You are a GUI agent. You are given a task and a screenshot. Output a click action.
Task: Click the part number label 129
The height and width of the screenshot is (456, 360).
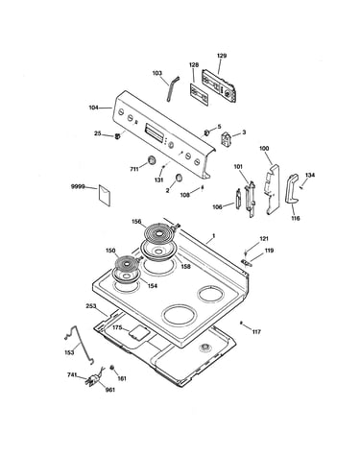[x=222, y=56]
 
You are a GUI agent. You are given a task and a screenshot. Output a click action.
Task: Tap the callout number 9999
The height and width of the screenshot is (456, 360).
[x=78, y=186]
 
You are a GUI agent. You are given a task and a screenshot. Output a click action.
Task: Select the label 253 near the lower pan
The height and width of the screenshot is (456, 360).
[x=91, y=306]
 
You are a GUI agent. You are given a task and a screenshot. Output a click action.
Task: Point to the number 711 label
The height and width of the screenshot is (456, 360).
[x=134, y=169]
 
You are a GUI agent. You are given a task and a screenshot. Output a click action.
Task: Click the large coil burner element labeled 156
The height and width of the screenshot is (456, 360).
[x=158, y=234]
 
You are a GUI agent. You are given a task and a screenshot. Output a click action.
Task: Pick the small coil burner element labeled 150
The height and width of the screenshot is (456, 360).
[x=128, y=264]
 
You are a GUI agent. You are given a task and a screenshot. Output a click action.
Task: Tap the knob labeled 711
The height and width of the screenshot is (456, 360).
[x=152, y=159]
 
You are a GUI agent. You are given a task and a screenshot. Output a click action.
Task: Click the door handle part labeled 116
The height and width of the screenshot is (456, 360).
[x=291, y=189]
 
